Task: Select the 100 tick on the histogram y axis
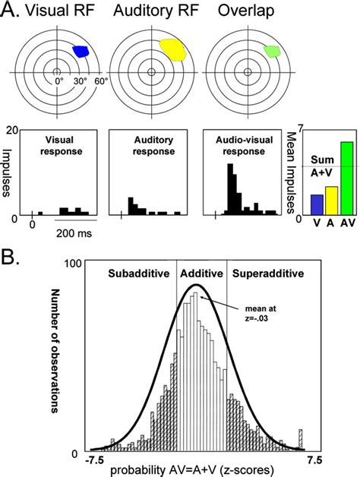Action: coord(71,283)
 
